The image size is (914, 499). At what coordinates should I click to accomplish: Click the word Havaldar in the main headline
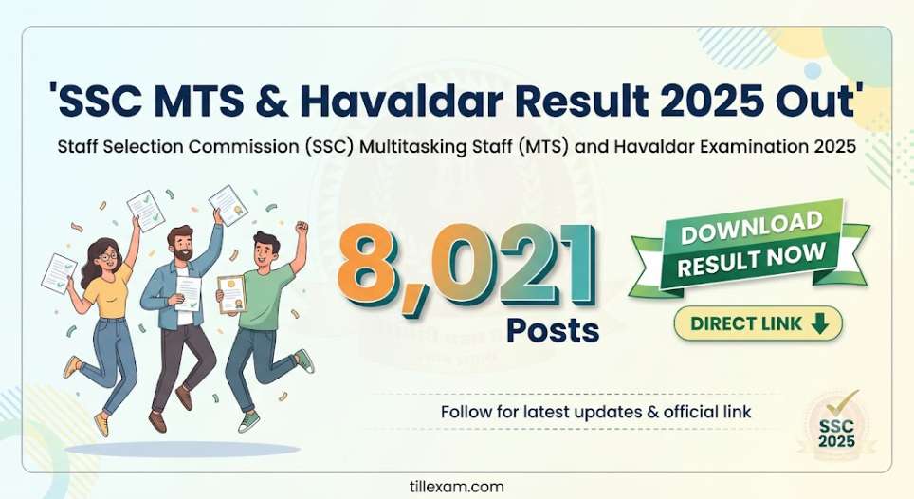(x=402, y=100)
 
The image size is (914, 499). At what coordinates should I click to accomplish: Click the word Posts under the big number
(x=553, y=330)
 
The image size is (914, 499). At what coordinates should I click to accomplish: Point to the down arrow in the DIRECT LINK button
(x=819, y=323)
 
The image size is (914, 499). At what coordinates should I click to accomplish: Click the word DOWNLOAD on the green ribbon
(x=751, y=227)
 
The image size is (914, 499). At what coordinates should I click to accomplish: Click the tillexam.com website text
(x=457, y=486)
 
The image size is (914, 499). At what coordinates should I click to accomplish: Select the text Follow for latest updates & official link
(x=595, y=412)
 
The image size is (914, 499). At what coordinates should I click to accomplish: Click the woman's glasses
(x=108, y=256)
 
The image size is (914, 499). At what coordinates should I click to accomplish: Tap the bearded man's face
(x=181, y=246)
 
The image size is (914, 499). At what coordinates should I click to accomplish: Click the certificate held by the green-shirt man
(x=231, y=294)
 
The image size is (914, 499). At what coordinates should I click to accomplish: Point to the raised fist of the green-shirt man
(x=301, y=227)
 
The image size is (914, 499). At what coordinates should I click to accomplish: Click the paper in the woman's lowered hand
(x=59, y=273)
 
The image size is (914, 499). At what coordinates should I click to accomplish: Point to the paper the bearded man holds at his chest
(x=189, y=293)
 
